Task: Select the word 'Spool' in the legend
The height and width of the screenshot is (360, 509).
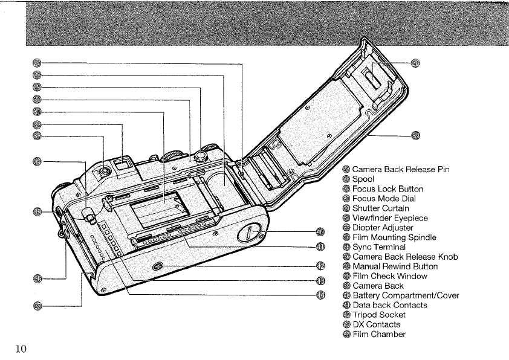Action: point(363,179)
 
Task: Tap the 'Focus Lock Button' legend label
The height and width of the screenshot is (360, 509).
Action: point(387,189)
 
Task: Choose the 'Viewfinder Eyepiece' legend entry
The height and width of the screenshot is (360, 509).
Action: point(390,218)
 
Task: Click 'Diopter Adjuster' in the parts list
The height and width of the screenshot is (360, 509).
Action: point(383,228)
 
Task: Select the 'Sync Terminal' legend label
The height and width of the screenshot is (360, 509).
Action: point(379,247)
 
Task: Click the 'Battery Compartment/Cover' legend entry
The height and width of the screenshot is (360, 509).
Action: point(406,295)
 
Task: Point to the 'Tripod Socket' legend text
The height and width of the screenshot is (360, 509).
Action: point(379,315)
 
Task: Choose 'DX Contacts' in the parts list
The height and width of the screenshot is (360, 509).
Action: point(376,324)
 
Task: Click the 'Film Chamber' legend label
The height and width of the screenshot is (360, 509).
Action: point(379,334)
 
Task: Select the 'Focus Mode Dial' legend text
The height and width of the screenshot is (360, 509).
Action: point(384,199)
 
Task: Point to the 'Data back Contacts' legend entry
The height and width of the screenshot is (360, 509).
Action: point(390,305)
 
